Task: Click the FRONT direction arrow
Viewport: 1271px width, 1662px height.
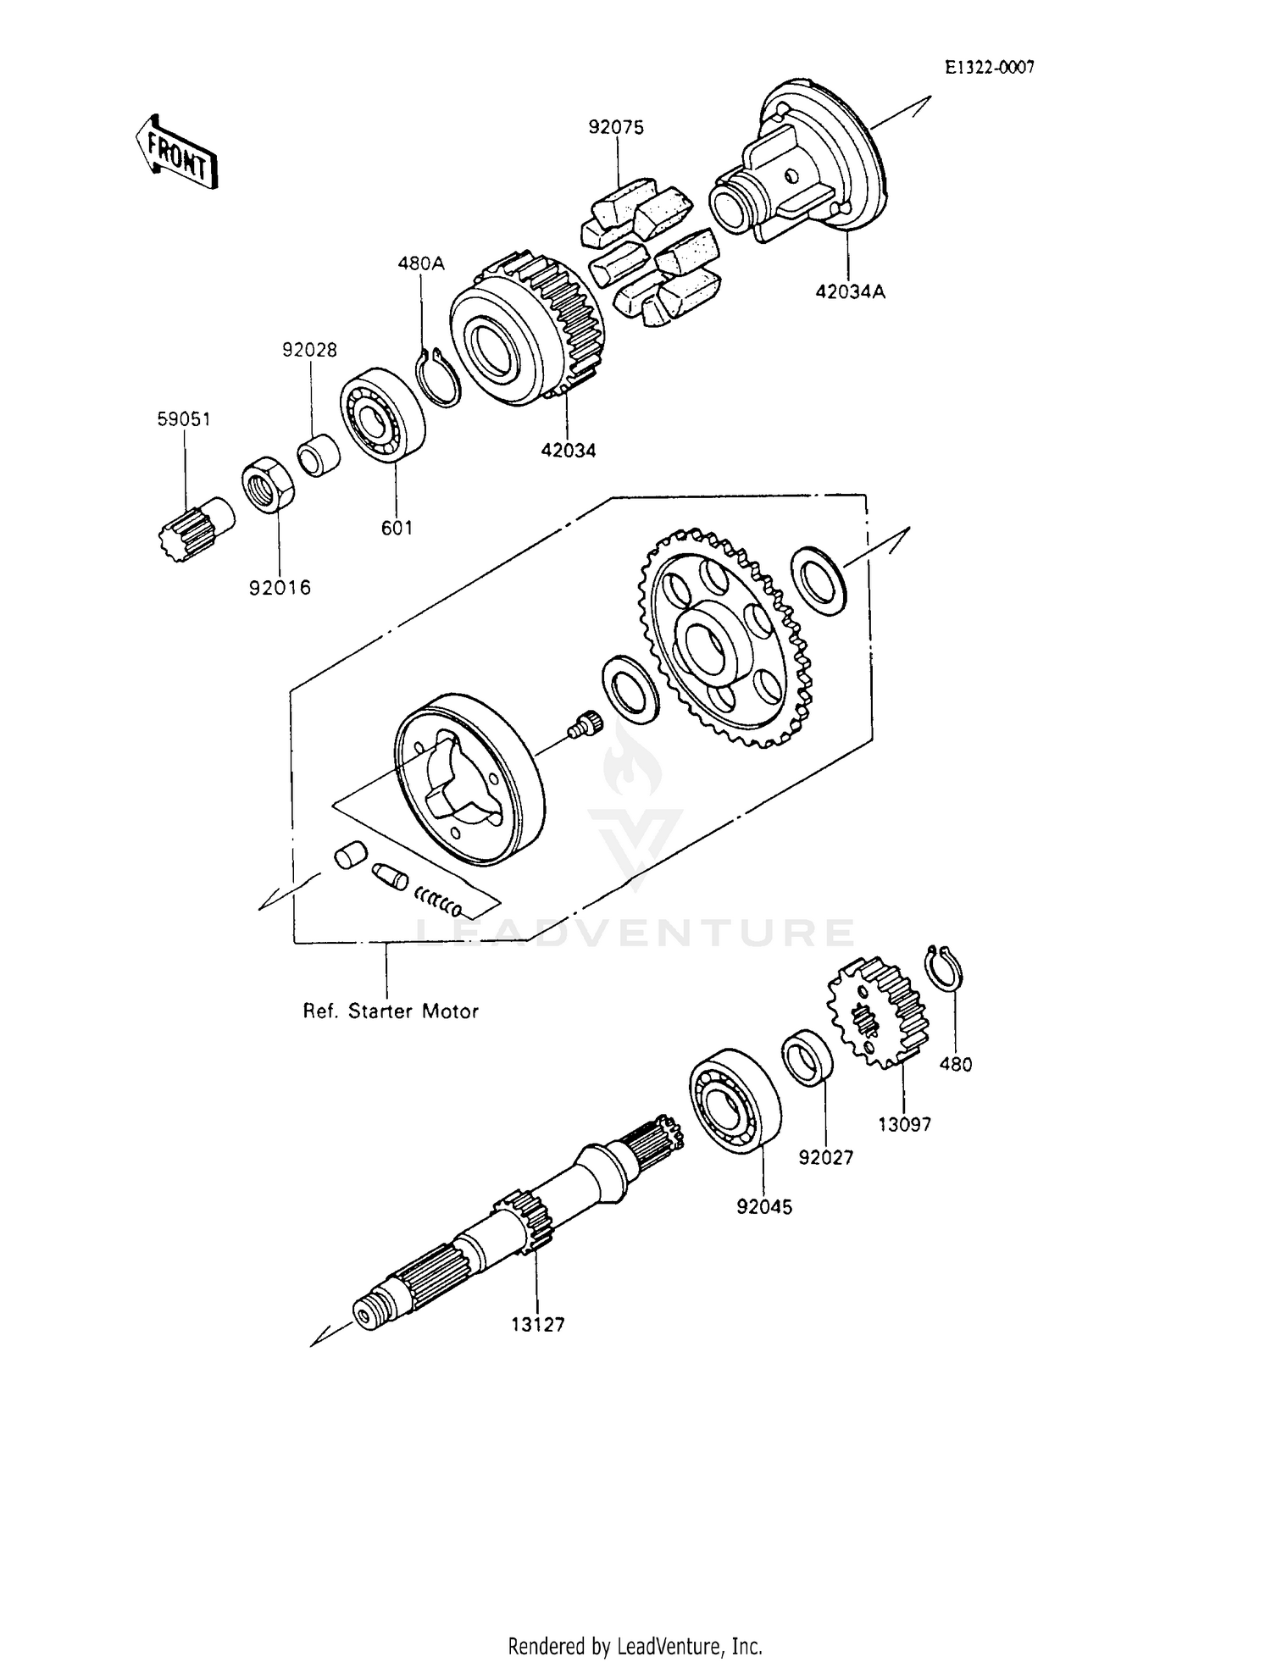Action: click(176, 151)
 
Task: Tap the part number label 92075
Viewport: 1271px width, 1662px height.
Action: click(616, 128)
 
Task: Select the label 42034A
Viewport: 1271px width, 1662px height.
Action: click(850, 292)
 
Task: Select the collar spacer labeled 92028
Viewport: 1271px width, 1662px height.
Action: click(319, 455)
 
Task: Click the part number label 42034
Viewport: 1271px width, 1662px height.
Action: click(569, 451)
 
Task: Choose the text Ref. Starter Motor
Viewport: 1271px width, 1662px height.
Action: click(391, 1011)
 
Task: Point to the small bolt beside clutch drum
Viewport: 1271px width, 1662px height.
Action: click(584, 723)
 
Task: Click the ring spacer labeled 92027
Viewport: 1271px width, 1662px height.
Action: click(807, 1056)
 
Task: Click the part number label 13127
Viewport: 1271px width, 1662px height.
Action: click(537, 1325)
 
